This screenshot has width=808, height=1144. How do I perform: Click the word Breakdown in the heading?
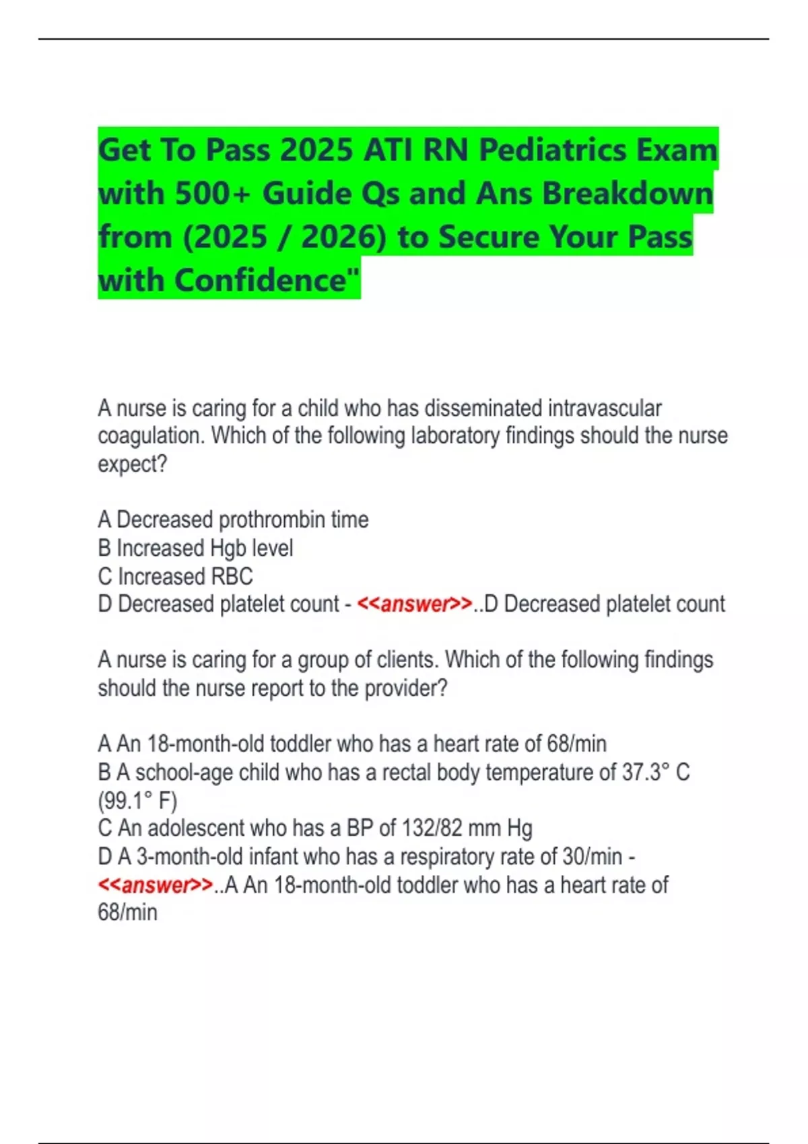point(627,194)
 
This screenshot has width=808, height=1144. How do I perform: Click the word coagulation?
point(151,436)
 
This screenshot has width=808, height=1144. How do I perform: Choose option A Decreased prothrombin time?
point(233,520)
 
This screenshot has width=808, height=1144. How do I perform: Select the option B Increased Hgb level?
point(195,548)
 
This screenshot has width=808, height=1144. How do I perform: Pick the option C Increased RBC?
point(175,576)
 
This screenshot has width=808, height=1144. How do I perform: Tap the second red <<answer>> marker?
point(156,885)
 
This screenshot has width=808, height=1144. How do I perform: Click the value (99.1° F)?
point(137,801)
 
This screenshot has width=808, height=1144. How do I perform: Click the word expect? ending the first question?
point(132,464)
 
